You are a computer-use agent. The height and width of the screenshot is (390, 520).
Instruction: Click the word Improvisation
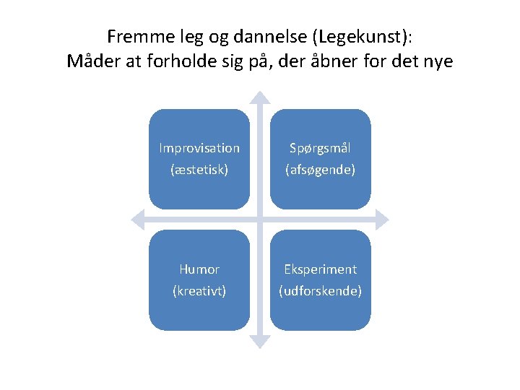point(199,148)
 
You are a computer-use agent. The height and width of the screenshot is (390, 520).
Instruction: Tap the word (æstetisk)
point(199,170)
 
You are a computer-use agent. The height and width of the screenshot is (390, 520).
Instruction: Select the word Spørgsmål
point(320,148)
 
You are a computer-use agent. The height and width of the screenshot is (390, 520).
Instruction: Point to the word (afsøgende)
point(320,170)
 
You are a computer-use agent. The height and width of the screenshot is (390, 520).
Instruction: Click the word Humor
point(199,269)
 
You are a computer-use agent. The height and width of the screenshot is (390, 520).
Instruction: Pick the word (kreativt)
point(199,291)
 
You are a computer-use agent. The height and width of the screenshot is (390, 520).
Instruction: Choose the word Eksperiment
point(320,269)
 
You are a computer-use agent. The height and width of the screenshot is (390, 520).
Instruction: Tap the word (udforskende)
point(320,291)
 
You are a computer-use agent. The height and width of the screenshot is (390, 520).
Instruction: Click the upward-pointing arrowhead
point(260,97)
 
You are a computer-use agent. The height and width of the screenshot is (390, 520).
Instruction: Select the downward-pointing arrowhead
point(260,342)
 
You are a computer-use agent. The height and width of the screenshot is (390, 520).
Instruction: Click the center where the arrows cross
point(260,220)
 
